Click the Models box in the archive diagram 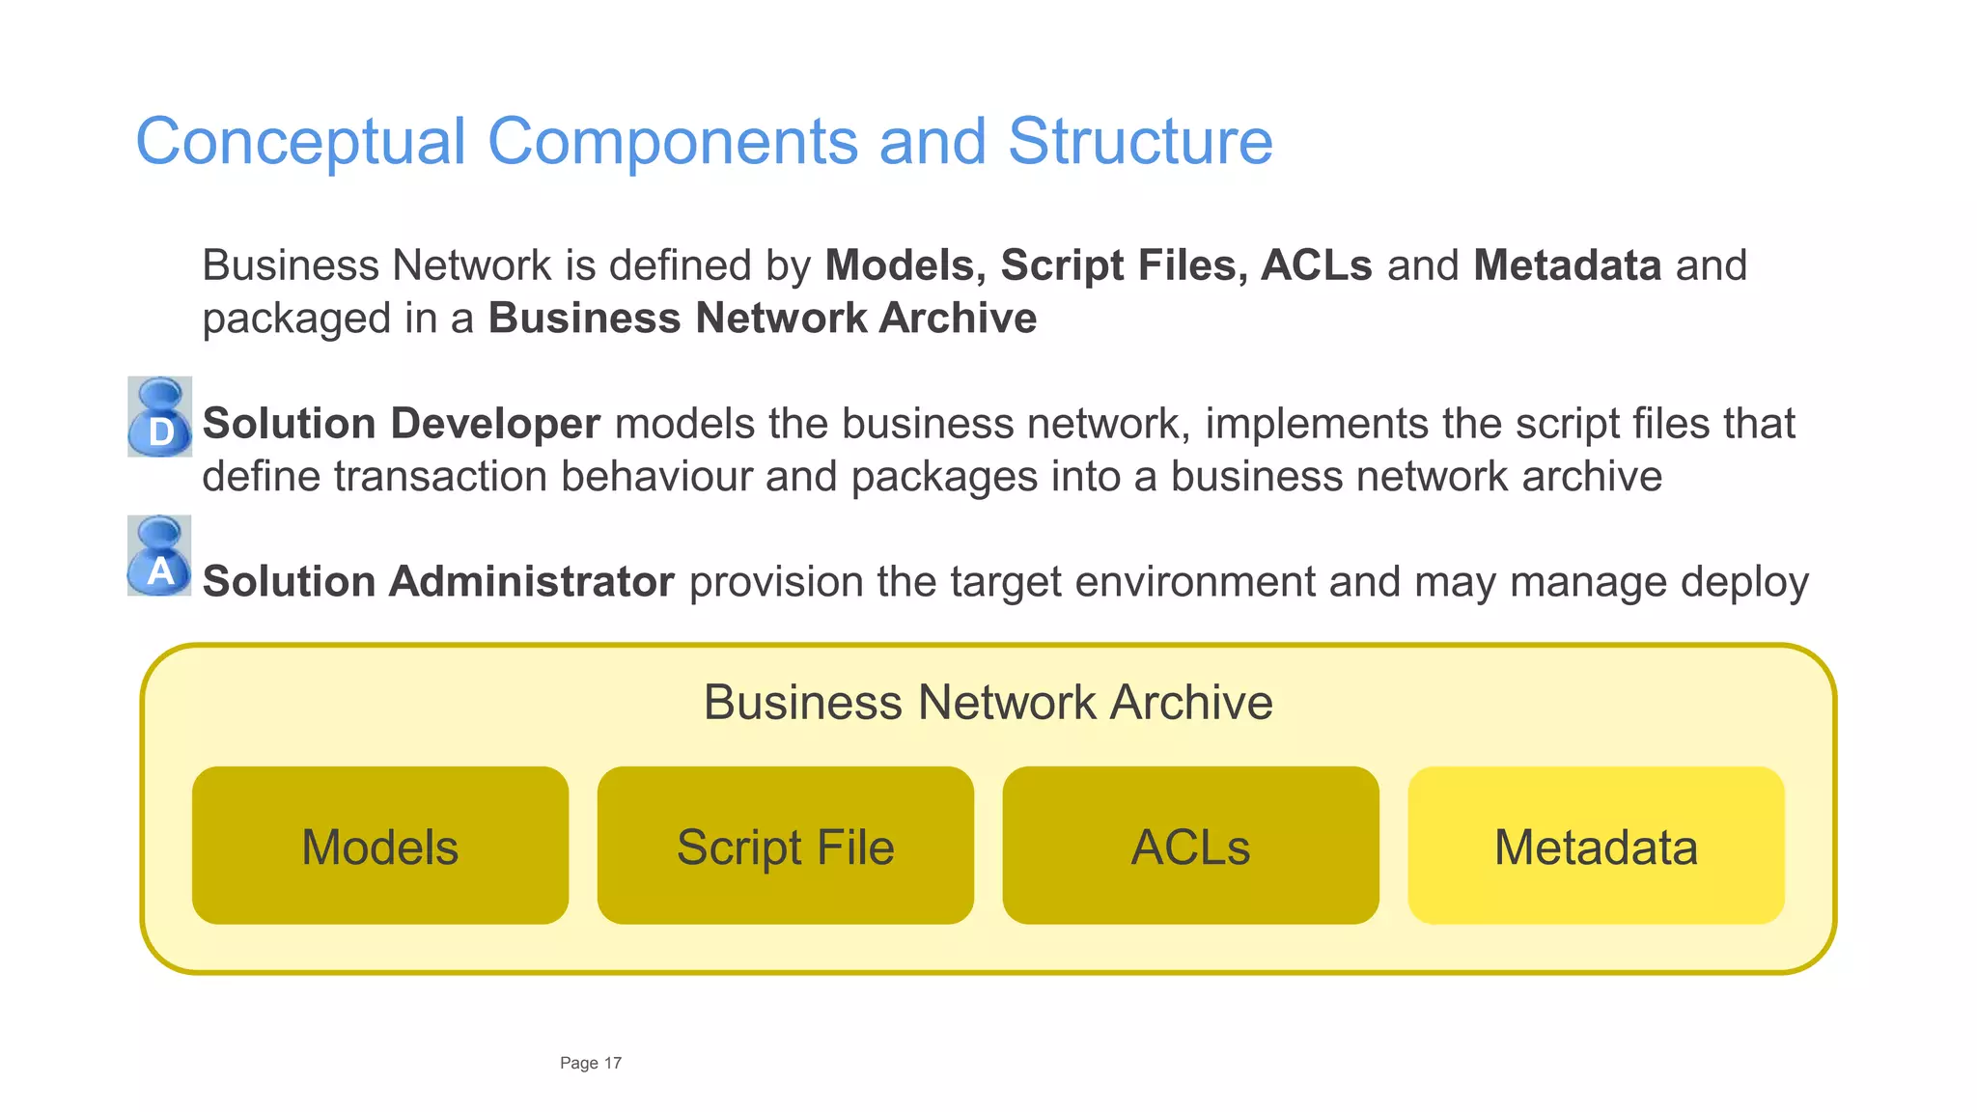(x=379, y=846)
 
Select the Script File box (x=785, y=846)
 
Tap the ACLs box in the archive (x=1190, y=846)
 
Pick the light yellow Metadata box (x=1596, y=846)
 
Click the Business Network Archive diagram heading (x=988, y=702)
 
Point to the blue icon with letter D (x=160, y=417)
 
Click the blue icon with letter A (x=159, y=556)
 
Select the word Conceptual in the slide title (x=300, y=142)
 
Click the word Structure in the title (x=1140, y=142)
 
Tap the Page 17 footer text (x=591, y=1063)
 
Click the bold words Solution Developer (x=401, y=424)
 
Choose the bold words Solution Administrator (x=438, y=581)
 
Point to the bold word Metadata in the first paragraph (x=1567, y=265)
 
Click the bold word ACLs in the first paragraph (x=1317, y=265)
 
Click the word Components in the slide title (x=672, y=142)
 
